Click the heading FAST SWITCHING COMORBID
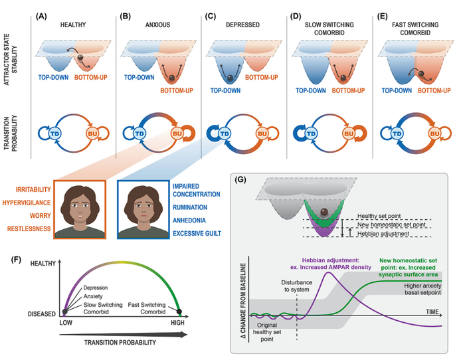[413, 25]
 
